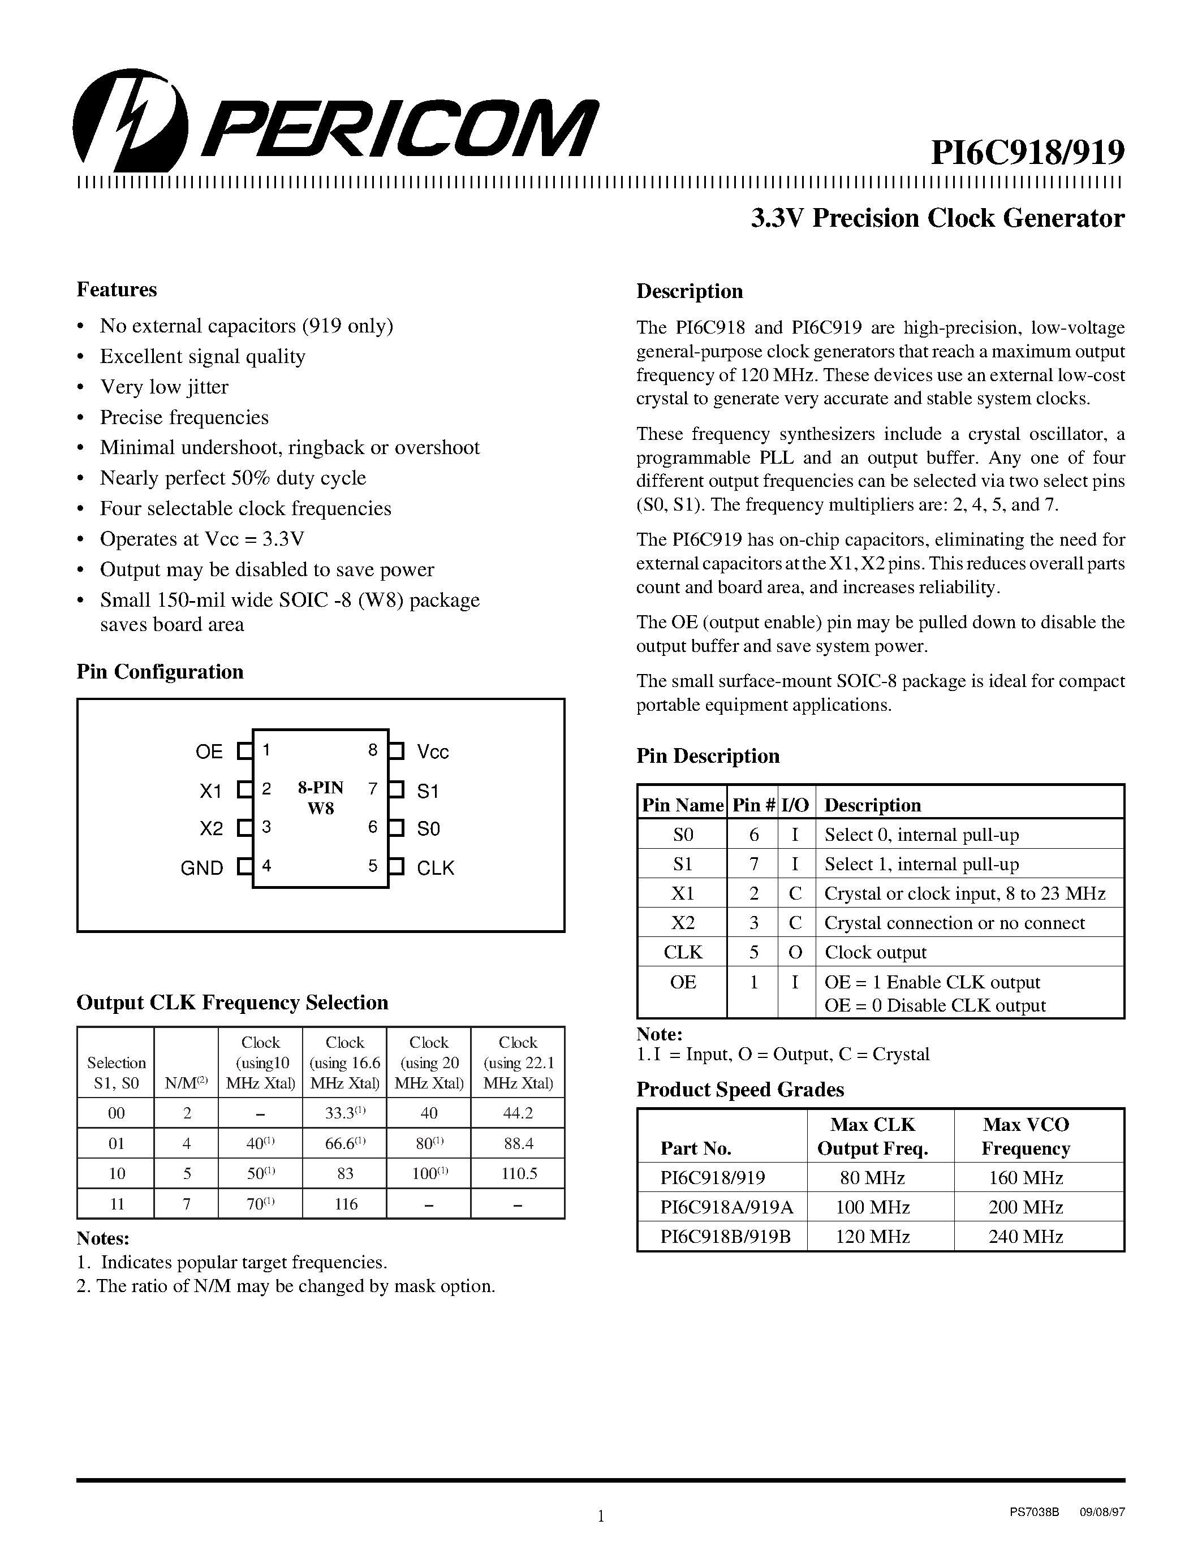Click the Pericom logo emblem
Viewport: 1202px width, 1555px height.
[130, 120]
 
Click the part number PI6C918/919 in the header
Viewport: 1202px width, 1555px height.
[1028, 152]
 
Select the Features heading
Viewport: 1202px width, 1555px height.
[117, 290]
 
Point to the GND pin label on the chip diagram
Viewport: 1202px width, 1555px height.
[203, 868]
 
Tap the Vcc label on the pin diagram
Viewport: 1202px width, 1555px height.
[433, 752]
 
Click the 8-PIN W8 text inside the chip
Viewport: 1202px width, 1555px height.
[320, 797]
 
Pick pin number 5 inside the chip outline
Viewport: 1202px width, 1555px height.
[372, 866]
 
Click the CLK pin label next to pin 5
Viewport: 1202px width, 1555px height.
[435, 868]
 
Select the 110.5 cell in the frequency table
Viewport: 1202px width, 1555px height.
[518, 1173]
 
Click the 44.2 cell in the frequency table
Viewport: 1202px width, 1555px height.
[518, 1113]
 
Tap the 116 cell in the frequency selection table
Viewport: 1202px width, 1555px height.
[346, 1204]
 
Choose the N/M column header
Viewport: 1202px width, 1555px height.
[186, 1083]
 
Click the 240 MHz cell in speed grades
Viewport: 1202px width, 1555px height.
[1026, 1237]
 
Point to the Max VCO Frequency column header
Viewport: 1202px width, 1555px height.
[1026, 1137]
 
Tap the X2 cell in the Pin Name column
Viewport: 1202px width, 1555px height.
[682, 923]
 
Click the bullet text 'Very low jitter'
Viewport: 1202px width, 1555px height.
[164, 387]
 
